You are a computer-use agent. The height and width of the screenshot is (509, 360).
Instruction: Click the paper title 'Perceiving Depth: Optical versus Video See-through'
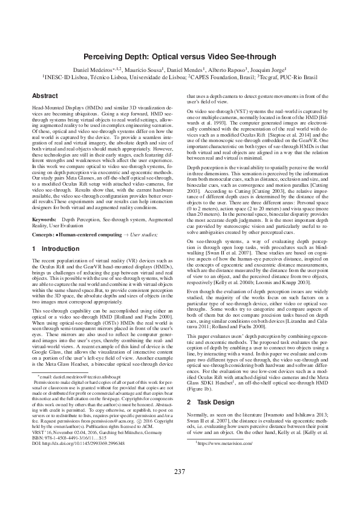pos(180,56)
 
